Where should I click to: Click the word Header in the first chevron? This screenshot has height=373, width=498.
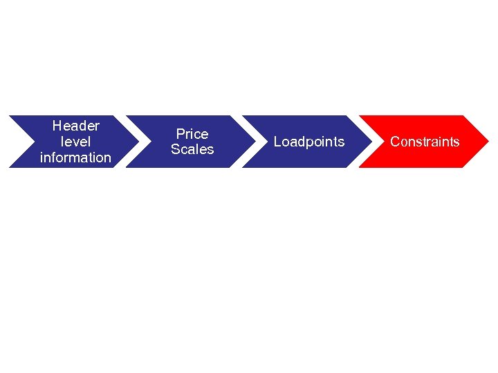tap(75, 126)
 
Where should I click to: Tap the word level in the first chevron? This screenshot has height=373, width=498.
tap(75, 142)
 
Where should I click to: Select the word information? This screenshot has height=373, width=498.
tap(75, 157)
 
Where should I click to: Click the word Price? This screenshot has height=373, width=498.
tap(192, 133)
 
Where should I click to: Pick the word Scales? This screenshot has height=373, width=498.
tap(192, 149)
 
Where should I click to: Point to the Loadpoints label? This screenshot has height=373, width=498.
tap(309, 142)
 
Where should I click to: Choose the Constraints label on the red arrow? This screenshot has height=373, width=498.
tap(425, 142)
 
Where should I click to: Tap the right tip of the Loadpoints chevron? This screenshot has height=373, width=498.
tap(371, 142)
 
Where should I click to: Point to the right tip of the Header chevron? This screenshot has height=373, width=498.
tap(137, 142)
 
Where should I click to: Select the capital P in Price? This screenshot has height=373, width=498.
tap(180, 133)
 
